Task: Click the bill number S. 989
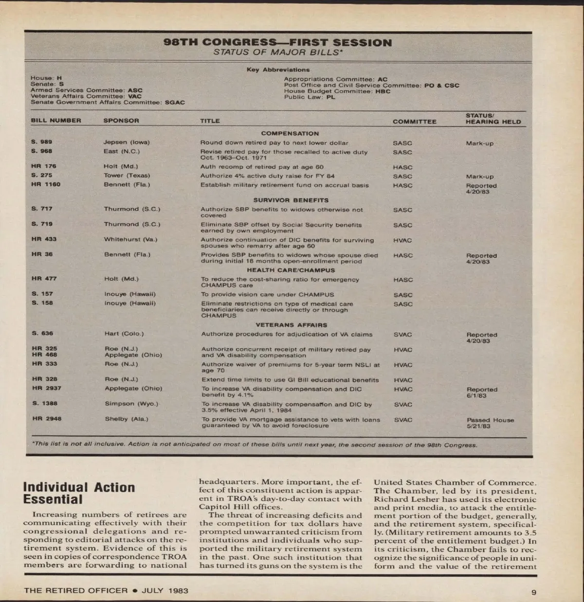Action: [41, 142]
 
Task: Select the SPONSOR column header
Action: [121, 121]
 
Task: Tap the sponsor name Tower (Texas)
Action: [127, 176]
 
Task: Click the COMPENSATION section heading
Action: [290, 133]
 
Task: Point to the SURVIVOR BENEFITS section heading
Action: [291, 200]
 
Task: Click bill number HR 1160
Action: [46, 185]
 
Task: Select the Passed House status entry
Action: [490, 420]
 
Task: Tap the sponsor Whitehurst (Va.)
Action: [130, 239]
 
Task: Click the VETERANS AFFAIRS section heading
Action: [292, 325]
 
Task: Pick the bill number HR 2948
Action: [47, 419]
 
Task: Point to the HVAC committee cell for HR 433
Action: [402, 240]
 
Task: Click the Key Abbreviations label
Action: [278, 70]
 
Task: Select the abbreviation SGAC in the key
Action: [175, 103]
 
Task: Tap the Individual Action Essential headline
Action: [79, 493]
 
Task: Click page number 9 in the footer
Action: [533, 592]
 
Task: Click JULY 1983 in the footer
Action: [165, 591]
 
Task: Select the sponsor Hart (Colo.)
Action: [124, 334]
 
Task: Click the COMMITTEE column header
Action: [414, 122]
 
